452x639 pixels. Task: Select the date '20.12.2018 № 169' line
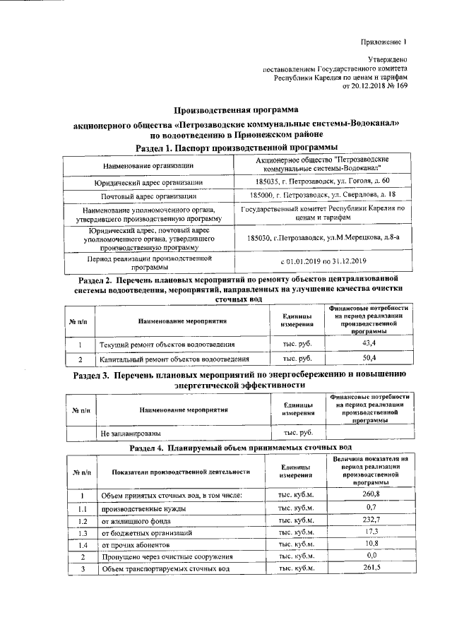(374, 87)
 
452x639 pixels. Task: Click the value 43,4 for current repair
(368, 343)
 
